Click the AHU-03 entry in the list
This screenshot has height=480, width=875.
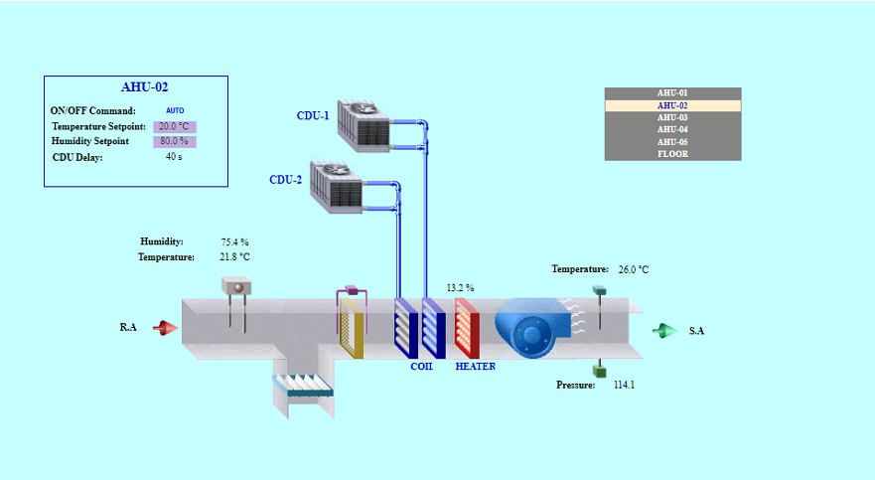coord(672,118)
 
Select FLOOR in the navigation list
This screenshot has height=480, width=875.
coord(672,154)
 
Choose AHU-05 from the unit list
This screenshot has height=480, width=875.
coord(672,142)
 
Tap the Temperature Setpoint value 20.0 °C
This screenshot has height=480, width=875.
coord(175,126)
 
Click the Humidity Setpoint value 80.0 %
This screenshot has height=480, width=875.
coord(175,141)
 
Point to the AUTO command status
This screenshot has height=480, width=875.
coord(175,110)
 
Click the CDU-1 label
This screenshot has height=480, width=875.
coord(313,115)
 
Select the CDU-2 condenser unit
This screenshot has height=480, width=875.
coord(337,188)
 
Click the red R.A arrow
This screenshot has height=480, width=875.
coord(165,328)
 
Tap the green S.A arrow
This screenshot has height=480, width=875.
coord(665,330)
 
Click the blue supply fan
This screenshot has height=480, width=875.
coord(533,328)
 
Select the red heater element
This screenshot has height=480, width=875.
coord(467,328)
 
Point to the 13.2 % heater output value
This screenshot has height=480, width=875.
coord(460,288)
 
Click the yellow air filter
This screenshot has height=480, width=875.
coord(352,328)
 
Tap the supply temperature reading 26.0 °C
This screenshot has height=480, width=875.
coord(634,269)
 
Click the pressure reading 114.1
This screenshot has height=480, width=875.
coord(624,385)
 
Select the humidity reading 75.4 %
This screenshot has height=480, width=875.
coord(234,242)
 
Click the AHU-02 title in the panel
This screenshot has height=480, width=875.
coord(145,87)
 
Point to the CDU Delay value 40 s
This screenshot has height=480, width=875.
coord(174,157)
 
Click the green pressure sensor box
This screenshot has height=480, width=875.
coord(599,371)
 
